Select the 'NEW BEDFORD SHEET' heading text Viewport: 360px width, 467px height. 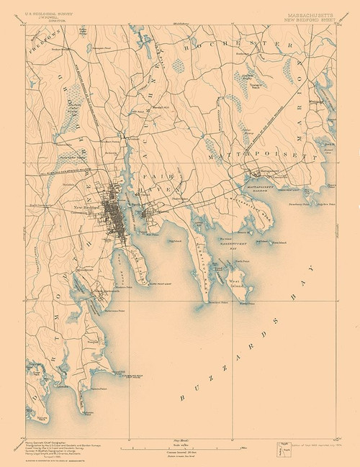pos(307,16)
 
